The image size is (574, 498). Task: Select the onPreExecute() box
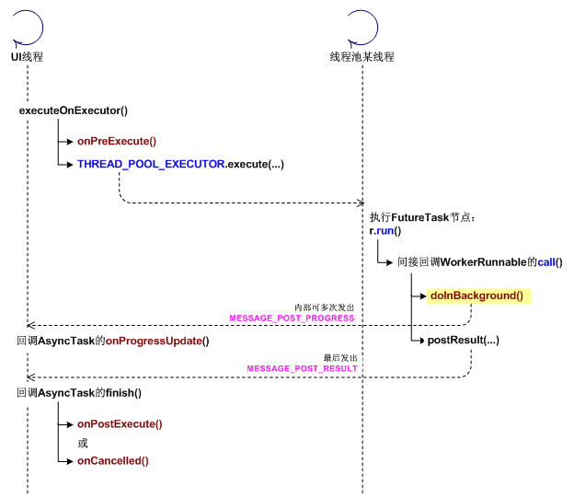click(x=118, y=142)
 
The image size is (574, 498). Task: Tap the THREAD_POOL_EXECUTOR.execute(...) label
click(x=180, y=165)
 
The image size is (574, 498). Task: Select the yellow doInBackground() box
click(x=476, y=295)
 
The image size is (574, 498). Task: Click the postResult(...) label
click(x=463, y=341)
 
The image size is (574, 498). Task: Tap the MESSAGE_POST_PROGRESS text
click(x=292, y=318)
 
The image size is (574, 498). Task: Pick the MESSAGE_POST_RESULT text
click(x=302, y=368)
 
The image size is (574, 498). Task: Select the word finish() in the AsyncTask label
click(x=123, y=393)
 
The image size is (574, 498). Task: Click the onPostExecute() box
click(x=120, y=424)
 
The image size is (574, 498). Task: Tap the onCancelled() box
click(x=113, y=461)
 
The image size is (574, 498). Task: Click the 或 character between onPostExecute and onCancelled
click(x=83, y=443)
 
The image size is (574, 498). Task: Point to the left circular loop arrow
click(x=27, y=29)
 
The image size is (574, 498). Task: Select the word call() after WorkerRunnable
click(x=549, y=262)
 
